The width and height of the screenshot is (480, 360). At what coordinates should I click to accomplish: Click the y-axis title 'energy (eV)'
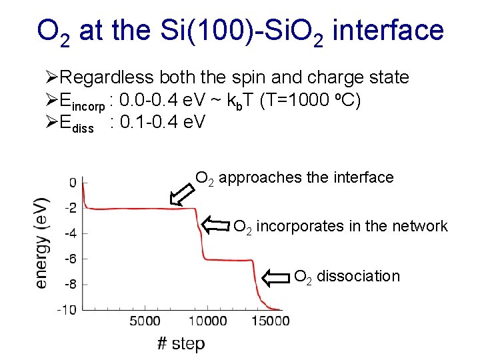pos(41,242)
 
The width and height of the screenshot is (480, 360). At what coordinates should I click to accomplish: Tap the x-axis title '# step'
pos(181,343)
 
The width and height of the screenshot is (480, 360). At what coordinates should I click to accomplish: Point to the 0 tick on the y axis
pos(72,182)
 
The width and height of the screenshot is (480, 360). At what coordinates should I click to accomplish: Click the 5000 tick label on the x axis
pos(145,321)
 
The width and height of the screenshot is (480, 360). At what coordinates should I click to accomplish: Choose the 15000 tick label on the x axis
pos(271,321)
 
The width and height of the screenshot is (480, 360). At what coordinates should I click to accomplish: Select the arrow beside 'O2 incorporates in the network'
pos(216,225)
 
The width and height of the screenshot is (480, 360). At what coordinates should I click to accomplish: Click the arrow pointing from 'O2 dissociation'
pos(277,276)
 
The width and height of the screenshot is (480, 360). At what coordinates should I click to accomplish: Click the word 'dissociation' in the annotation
pos(358,276)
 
